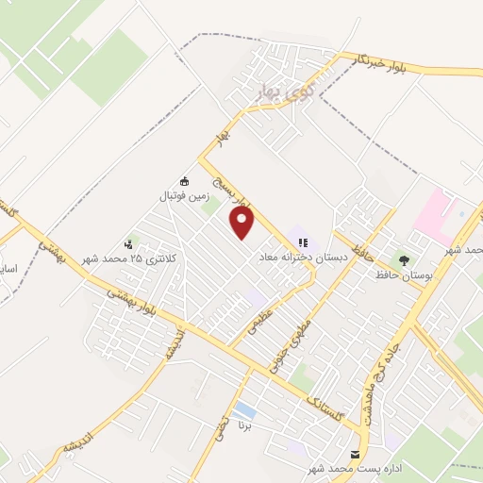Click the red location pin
click(243, 224)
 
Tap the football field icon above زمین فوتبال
click(184, 182)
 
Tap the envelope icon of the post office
click(357, 453)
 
